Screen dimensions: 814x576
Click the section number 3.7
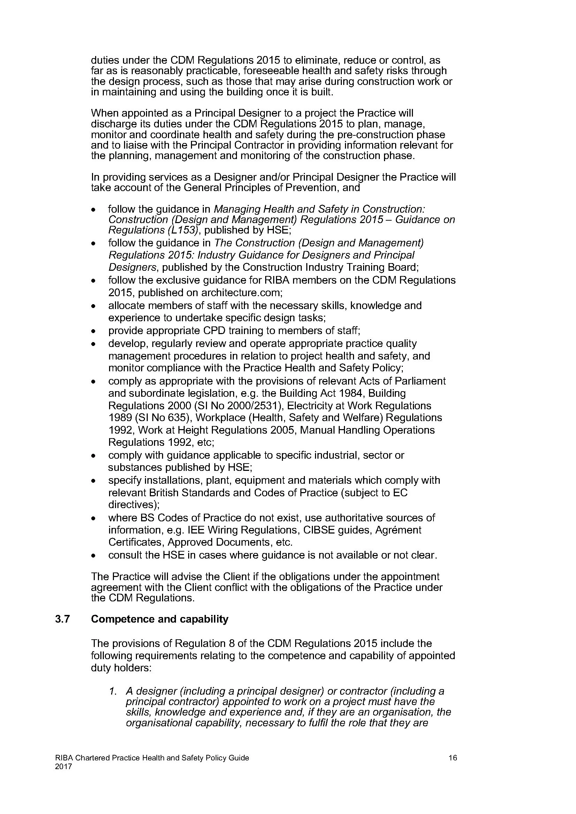point(62,619)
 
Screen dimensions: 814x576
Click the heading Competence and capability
point(159,619)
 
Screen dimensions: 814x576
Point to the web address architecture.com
point(241,293)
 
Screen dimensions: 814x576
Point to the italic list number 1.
point(113,691)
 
